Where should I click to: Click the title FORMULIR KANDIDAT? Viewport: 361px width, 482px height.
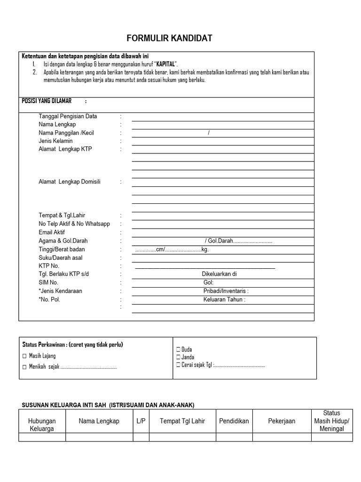169,38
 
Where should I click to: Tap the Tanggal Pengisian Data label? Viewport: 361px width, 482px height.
68,116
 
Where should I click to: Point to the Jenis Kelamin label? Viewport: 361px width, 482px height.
56,141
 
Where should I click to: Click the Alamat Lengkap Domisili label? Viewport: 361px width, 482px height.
70,182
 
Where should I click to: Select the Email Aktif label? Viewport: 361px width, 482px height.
52,233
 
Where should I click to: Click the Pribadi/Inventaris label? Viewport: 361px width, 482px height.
226,291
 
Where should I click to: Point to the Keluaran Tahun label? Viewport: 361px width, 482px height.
224,299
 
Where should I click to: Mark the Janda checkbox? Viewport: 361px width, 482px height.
179,357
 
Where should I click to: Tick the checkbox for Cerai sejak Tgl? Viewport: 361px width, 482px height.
179,365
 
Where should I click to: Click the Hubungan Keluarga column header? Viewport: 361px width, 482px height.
42,425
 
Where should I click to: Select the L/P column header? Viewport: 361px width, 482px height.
141,421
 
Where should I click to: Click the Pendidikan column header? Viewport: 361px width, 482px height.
234,421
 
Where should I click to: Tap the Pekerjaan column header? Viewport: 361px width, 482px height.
282,421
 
